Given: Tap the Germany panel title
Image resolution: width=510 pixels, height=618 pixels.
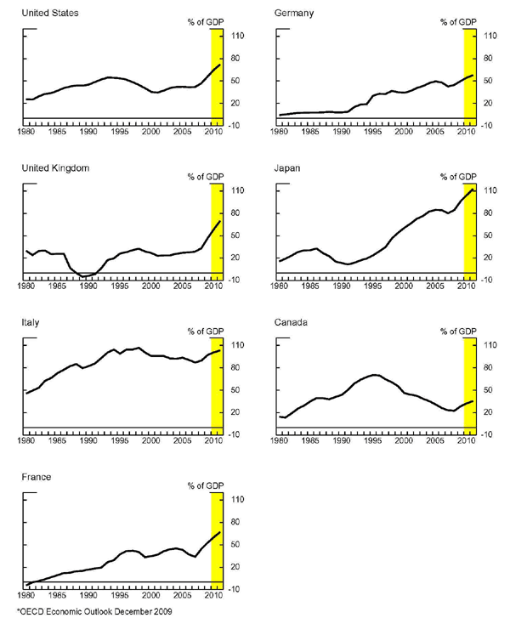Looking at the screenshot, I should coord(295,13).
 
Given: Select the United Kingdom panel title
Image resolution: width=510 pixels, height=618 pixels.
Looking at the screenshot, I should coord(55,167).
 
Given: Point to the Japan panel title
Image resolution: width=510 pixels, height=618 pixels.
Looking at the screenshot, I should coord(289,167).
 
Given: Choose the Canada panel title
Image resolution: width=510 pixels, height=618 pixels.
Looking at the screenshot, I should coord(293,323).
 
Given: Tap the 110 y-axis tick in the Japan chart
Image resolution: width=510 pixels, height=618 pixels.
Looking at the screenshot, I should coord(490,190).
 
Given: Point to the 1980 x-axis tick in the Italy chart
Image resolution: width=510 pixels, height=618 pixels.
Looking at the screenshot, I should coord(26,441).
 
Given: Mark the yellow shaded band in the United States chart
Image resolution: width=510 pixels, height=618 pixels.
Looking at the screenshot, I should coord(216,77).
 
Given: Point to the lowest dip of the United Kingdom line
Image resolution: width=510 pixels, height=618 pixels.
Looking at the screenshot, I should coord(83,276).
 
